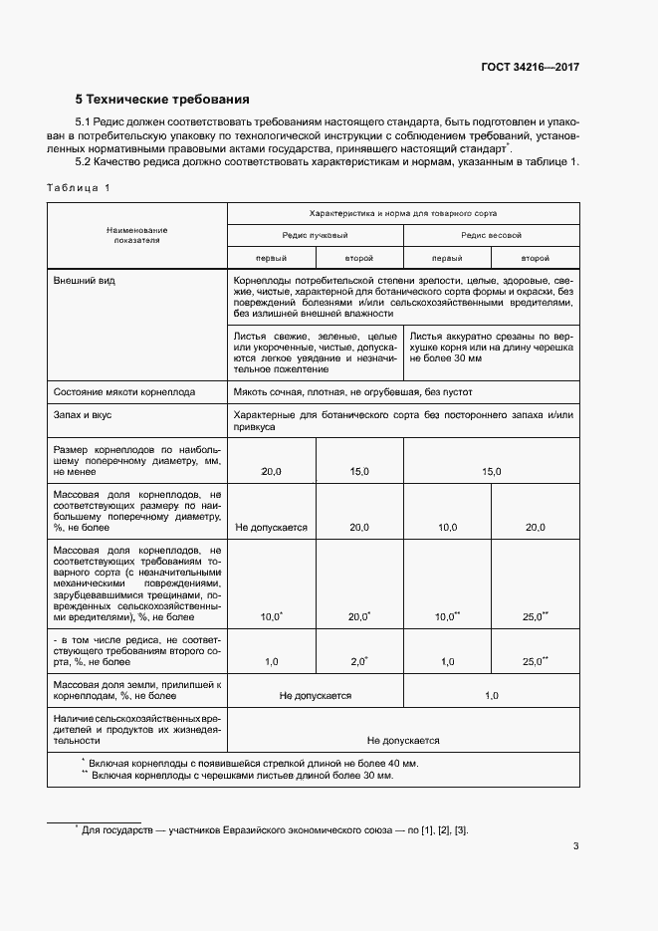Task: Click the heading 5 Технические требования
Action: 162,100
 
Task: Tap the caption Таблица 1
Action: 79,188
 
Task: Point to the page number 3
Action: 576,846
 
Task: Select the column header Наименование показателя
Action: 137,234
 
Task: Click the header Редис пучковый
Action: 315,235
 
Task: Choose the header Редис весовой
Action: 491,235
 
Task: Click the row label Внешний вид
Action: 85,281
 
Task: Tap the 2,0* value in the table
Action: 359,661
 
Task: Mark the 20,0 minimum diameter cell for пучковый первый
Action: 271,471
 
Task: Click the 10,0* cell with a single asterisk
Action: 271,617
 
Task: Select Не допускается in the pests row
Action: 403,741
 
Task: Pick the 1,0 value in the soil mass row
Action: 491,696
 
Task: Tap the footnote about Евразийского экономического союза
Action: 274,829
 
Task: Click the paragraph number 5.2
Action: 87,161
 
